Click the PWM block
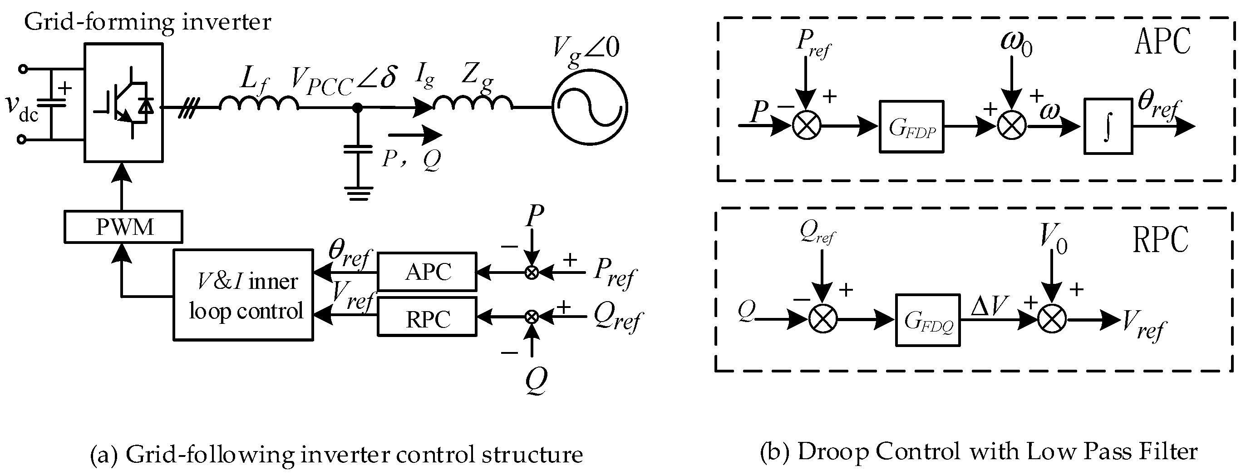(x=123, y=227)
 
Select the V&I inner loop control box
(x=243, y=295)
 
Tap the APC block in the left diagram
(x=427, y=272)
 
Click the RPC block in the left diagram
(x=427, y=317)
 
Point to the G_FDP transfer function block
(x=911, y=127)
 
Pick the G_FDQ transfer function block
(x=928, y=320)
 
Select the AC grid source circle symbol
(x=590, y=107)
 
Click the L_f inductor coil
(x=259, y=103)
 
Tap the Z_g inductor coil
(x=472, y=103)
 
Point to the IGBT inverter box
(x=124, y=102)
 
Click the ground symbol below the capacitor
(x=358, y=193)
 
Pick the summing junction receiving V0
(x=1052, y=320)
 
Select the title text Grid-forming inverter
(x=148, y=22)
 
